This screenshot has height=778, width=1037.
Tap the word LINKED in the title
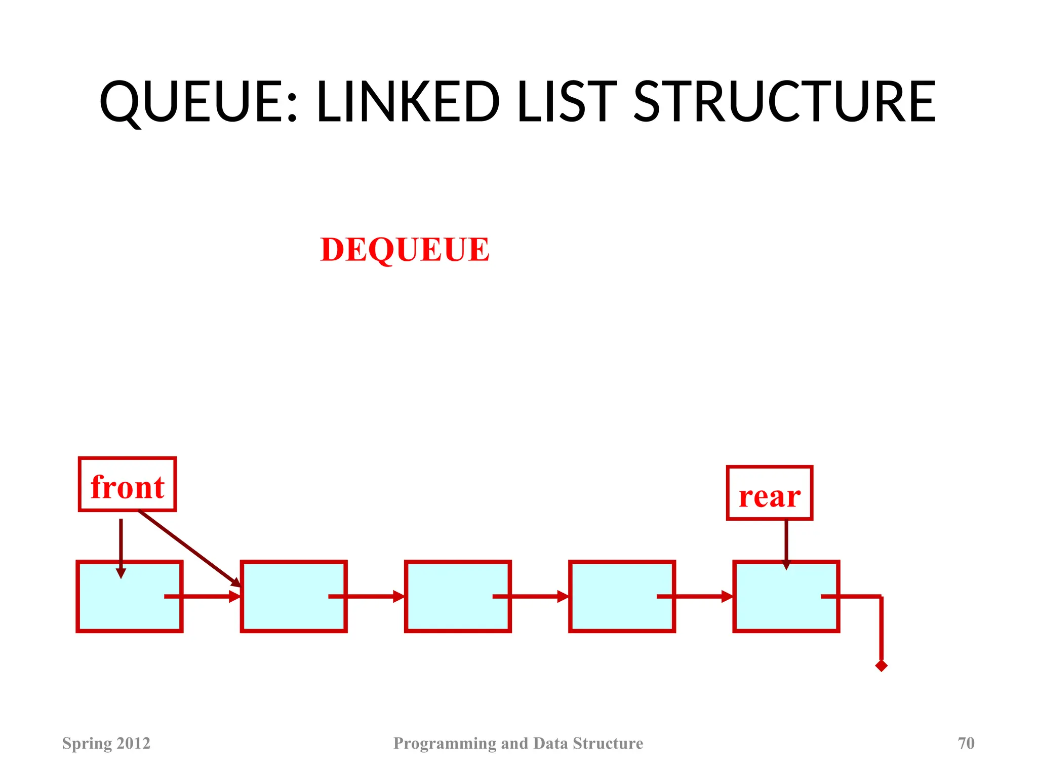click(408, 102)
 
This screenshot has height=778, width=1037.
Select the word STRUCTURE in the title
click(784, 102)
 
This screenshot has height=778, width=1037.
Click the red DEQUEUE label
click(405, 250)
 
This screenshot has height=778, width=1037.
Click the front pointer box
click(127, 485)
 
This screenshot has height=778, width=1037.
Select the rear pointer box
click(769, 493)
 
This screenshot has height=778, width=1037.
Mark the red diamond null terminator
click(881, 666)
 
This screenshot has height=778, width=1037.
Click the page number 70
click(966, 743)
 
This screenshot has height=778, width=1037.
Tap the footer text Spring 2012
click(106, 743)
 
